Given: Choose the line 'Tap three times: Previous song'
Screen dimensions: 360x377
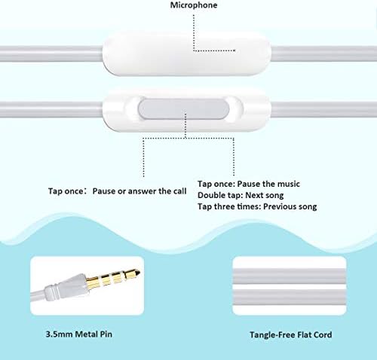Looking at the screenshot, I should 256,207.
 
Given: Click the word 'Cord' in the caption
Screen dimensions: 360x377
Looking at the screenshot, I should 323,334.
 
